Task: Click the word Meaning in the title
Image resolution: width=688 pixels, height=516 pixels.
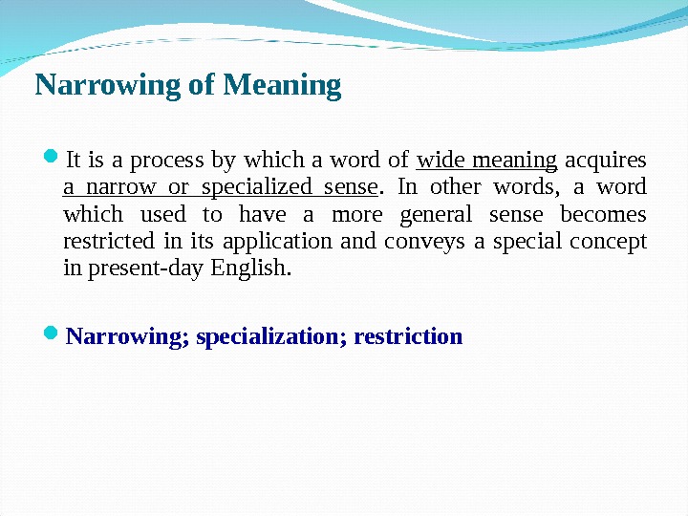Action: point(282,86)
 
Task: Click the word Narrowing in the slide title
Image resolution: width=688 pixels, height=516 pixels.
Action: point(108,86)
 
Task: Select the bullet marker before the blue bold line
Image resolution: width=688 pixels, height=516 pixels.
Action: point(51,334)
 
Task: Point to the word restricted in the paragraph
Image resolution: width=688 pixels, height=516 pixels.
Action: point(103,241)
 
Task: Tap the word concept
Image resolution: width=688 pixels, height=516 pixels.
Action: point(612,241)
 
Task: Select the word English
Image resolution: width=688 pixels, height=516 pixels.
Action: point(253,269)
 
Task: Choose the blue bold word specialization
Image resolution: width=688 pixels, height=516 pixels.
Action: point(270,337)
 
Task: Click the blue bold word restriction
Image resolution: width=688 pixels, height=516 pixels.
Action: point(408,337)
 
